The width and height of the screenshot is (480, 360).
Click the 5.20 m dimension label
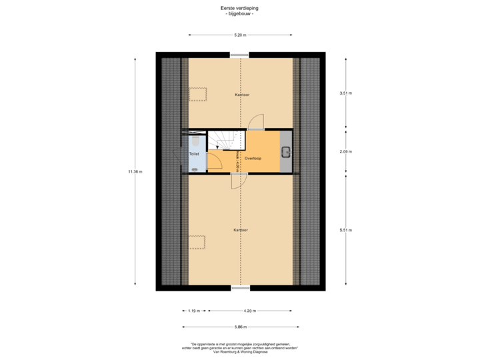(240, 34)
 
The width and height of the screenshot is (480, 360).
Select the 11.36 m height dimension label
(135, 171)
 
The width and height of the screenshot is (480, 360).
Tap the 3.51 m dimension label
(345, 93)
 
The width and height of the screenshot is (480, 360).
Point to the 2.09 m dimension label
(345, 151)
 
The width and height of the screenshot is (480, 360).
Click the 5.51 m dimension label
(345, 230)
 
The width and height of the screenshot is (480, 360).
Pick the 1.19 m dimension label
(193, 311)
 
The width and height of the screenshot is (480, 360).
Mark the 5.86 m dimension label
(240, 327)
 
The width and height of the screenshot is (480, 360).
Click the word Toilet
(194, 154)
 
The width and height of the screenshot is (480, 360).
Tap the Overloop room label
(252, 159)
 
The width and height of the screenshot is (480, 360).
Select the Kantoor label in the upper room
(242, 95)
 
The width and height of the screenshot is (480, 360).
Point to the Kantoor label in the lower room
(241, 230)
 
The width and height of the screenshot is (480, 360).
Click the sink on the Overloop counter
(285, 152)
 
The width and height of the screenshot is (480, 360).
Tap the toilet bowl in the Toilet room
(193, 141)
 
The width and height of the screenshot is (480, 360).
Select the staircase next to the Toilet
(221, 141)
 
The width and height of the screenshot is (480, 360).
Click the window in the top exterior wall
(240, 55)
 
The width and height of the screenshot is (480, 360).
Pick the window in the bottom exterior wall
(241, 288)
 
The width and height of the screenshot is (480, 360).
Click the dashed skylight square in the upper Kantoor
(199, 94)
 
